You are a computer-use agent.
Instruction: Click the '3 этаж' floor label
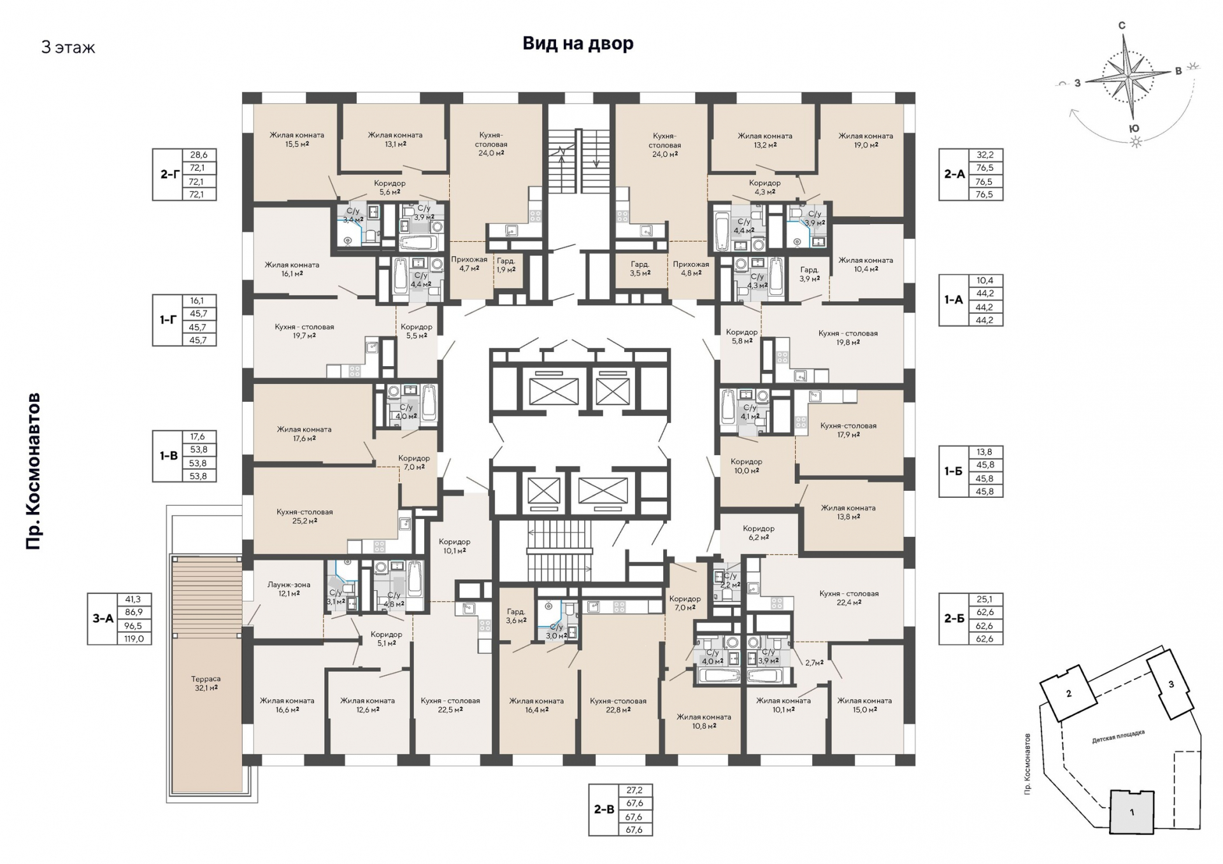click(x=68, y=48)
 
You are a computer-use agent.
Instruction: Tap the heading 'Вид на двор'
click(x=578, y=43)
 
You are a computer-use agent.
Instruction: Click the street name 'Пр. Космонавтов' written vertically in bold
click(x=33, y=471)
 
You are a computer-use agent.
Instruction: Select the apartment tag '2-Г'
click(x=169, y=174)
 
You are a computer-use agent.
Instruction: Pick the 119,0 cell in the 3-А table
click(x=134, y=638)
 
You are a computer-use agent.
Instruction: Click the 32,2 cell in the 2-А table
click(x=985, y=155)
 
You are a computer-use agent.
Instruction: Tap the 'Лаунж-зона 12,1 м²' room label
click(x=289, y=589)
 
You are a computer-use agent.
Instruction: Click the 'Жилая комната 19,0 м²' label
click(x=866, y=140)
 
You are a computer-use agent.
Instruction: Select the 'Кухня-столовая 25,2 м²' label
click(x=304, y=516)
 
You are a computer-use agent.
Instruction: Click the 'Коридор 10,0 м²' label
click(x=746, y=466)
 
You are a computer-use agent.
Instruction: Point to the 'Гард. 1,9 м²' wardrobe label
click(x=506, y=265)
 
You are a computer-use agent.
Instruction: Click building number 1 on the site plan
click(x=1132, y=812)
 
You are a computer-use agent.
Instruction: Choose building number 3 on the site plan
click(x=1171, y=684)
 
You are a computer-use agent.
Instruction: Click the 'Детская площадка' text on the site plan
click(x=1118, y=737)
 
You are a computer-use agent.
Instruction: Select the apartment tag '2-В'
click(x=604, y=810)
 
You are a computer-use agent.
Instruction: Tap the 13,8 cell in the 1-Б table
click(x=985, y=452)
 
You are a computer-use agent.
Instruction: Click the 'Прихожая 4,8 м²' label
click(x=690, y=269)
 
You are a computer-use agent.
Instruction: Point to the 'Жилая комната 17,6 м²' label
click(x=304, y=434)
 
